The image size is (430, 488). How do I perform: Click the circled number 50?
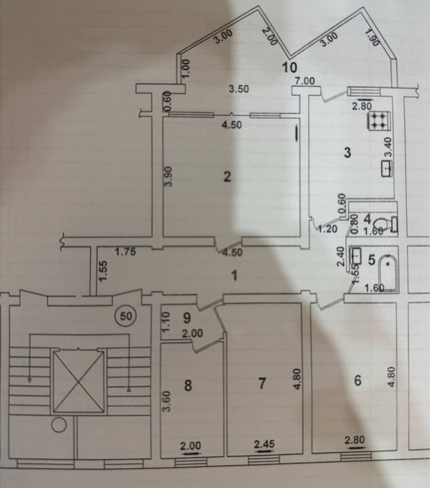[x=126, y=316]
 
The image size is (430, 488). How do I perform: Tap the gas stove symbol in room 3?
[x=378, y=121]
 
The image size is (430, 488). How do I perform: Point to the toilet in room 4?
[x=385, y=224]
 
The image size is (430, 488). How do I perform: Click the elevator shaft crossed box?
[x=79, y=382]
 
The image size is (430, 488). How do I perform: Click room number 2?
[x=228, y=177]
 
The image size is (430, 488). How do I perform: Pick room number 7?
[x=262, y=383]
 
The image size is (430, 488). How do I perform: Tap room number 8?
[x=188, y=385]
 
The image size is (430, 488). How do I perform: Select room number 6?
[x=358, y=380]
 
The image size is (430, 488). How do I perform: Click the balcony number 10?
[x=289, y=67]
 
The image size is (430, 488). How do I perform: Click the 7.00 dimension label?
[x=305, y=81]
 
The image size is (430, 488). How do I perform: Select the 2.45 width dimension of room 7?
[x=265, y=444]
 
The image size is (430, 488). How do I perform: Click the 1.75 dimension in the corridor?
[x=126, y=251]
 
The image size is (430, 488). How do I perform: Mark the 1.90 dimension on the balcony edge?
[x=372, y=37]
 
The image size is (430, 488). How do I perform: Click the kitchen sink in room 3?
[x=387, y=169]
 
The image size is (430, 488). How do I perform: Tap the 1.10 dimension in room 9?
[x=166, y=322]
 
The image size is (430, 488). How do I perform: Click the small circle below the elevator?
[x=59, y=425]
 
